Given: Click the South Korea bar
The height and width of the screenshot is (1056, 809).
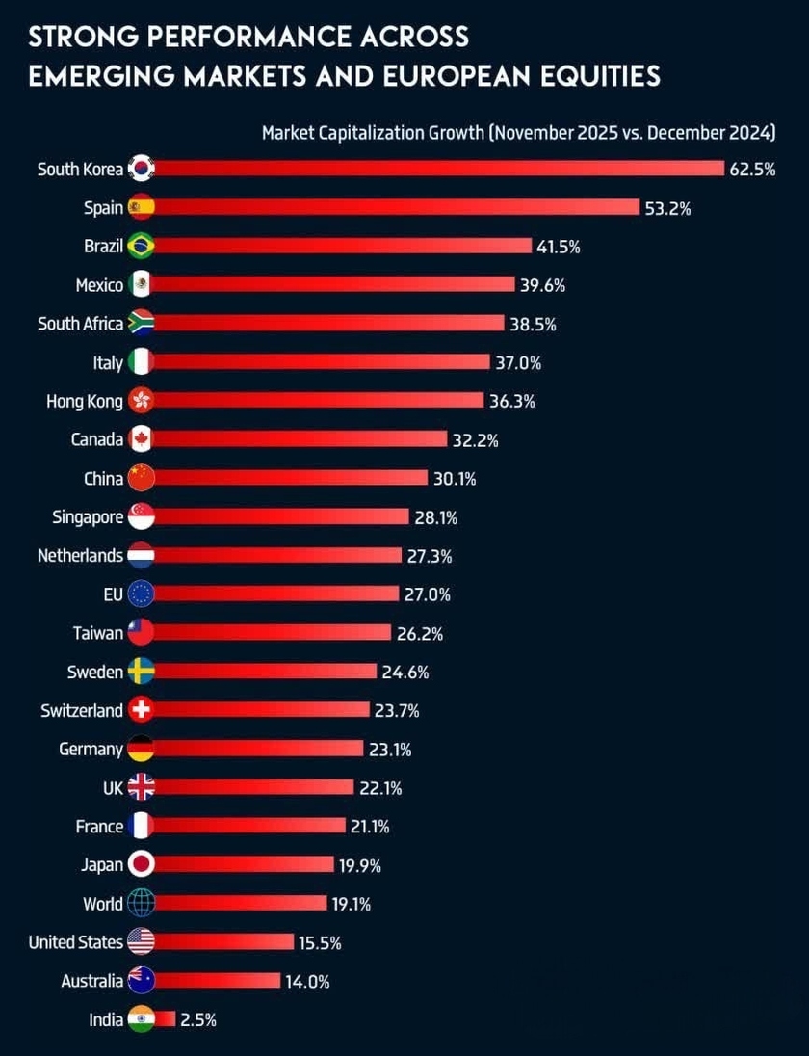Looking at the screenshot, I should [x=433, y=169].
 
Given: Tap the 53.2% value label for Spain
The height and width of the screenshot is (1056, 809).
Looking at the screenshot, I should [x=668, y=207].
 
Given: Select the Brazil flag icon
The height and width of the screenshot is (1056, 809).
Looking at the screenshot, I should [x=141, y=246].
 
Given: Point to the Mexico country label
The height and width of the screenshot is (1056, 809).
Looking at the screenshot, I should [x=99, y=284].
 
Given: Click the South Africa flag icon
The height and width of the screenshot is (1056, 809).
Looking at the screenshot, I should [x=141, y=324].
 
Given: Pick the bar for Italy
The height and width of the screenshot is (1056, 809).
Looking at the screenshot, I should [x=318, y=362].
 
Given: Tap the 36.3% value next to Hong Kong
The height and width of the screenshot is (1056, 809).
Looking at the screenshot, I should [x=511, y=401].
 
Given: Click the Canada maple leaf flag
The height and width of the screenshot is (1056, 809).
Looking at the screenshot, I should [x=141, y=439].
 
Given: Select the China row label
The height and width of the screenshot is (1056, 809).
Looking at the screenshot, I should [x=103, y=478].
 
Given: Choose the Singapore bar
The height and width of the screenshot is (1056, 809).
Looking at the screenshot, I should [x=279, y=517].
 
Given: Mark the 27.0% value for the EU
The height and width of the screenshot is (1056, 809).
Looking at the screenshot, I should [x=427, y=594].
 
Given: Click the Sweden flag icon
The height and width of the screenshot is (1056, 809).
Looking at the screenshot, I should [x=141, y=672].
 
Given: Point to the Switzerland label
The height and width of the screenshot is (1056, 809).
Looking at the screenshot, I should [x=82, y=710].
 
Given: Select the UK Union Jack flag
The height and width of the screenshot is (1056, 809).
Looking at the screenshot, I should [x=141, y=788].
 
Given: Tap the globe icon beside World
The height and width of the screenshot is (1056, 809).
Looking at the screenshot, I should [x=141, y=904].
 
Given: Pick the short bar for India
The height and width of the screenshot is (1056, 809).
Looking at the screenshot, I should [x=164, y=1019].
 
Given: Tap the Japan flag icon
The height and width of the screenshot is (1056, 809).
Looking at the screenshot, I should [x=141, y=865].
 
